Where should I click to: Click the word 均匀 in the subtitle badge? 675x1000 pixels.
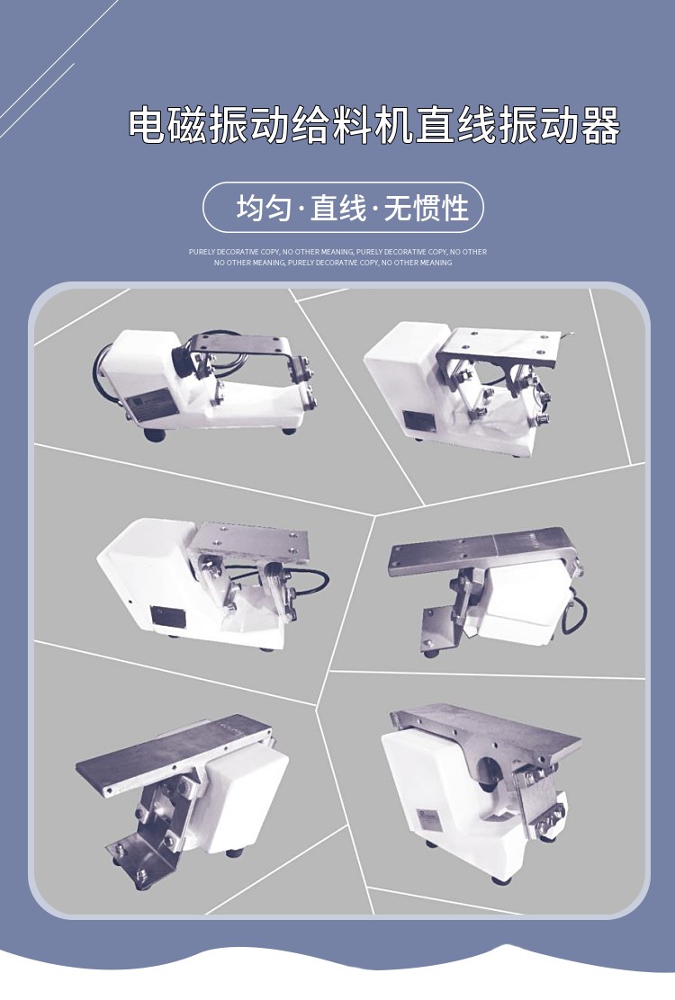(263, 209)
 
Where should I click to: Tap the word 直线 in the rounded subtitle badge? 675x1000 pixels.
(338, 209)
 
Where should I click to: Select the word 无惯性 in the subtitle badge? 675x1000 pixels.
(427, 209)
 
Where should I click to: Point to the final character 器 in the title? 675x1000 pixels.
(601, 127)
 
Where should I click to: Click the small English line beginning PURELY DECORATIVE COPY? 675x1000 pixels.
(337, 252)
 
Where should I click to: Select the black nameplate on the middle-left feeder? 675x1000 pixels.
(167, 616)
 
